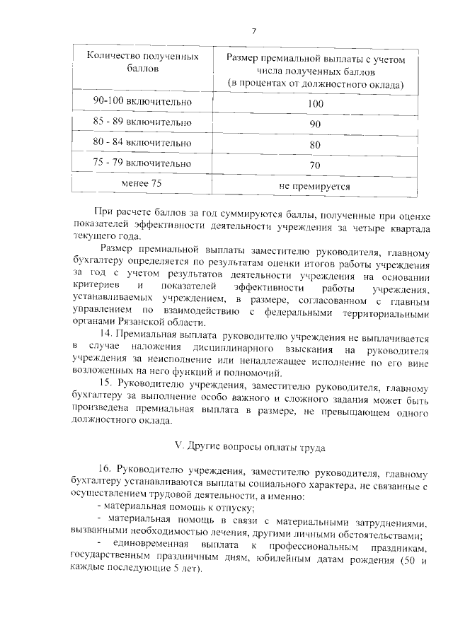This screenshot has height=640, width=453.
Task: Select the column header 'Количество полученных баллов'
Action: [142, 63]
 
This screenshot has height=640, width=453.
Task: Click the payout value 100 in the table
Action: [315, 104]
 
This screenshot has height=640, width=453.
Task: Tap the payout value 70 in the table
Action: [315, 165]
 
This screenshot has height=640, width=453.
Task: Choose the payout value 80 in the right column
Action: [315, 145]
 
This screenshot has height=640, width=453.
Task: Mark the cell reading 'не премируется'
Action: [315, 186]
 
